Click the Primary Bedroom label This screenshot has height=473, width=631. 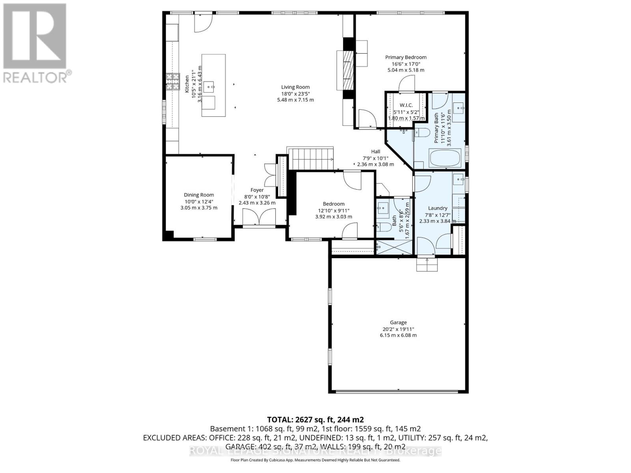406,57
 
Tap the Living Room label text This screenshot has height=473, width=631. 295,87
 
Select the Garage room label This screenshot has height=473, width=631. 398,322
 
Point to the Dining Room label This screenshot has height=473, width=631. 199,195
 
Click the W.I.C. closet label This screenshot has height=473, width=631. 406,105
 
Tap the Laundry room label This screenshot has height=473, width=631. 437,208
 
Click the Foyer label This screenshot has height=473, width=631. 257,190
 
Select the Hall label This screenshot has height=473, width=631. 375,151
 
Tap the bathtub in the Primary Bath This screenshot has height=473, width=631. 445,158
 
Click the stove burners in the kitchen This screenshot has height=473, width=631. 172,82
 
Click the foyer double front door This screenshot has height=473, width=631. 259,217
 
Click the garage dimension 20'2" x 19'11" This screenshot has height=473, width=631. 398,329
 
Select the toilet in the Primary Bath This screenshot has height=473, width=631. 423,133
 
